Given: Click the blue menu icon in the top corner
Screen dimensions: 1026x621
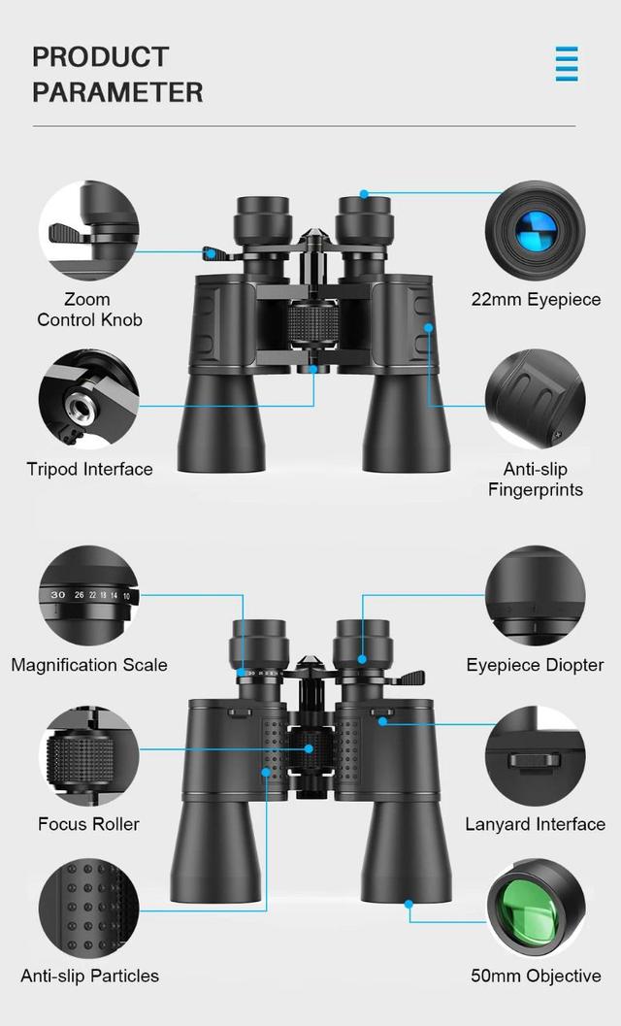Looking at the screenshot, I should (567, 64).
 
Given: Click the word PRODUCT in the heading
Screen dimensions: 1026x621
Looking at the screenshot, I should (101, 57).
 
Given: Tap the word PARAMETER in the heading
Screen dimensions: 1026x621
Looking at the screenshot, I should (117, 92).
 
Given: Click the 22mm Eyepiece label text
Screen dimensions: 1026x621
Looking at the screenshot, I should (536, 300).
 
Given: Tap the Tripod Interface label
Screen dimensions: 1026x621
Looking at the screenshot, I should (89, 470).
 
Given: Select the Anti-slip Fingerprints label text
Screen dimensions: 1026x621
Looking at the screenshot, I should (536, 480).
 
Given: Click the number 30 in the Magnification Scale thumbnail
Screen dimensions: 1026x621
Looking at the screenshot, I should (58, 594).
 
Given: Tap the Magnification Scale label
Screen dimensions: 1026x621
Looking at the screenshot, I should (89, 666).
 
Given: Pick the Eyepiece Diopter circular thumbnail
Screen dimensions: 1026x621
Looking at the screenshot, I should (536, 595).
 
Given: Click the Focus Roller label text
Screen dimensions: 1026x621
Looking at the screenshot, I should (89, 824).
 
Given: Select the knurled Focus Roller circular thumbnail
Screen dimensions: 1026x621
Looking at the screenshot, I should (88, 755).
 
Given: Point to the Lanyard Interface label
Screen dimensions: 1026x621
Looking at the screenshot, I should (536, 824).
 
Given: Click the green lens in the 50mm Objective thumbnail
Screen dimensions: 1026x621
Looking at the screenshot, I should (529, 910).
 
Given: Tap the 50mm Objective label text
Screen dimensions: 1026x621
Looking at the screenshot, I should (536, 976).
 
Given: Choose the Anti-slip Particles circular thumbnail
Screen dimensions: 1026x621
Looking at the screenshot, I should (88, 908).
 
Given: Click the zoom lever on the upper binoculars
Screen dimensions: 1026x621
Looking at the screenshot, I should (215, 254).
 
